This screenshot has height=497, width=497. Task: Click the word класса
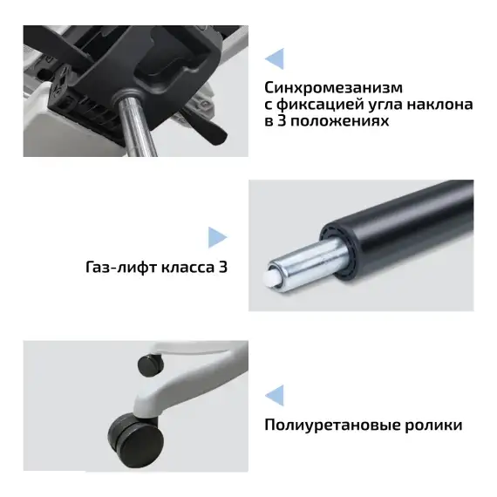[x=180, y=267]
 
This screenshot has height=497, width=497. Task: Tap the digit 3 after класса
[x=223, y=267]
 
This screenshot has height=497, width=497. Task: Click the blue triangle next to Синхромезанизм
[x=274, y=58]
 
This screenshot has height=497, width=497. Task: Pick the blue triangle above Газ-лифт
[x=217, y=237]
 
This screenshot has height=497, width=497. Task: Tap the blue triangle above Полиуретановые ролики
[x=274, y=395]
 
